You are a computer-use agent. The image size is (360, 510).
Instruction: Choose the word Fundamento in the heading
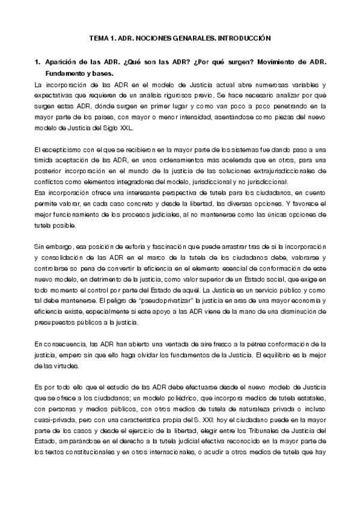(x=63, y=73)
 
